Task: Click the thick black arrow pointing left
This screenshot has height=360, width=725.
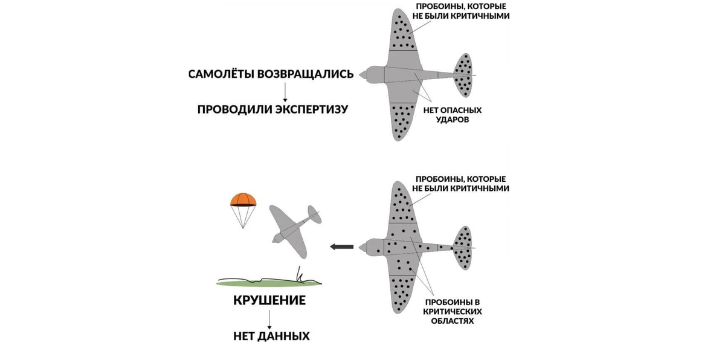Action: coord(342,246)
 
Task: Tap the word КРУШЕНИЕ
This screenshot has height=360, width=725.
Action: coord(269,300)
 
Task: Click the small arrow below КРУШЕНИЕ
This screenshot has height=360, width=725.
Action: coord(269,318)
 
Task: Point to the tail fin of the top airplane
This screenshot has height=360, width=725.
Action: coord(463,75)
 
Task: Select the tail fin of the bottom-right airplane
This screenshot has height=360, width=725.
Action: coord(463,247)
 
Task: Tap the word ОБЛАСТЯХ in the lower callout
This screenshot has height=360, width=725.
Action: coord(453,321)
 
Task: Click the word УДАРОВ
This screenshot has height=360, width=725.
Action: coord(454,120)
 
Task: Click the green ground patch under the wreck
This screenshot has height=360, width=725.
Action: coord(269,283)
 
